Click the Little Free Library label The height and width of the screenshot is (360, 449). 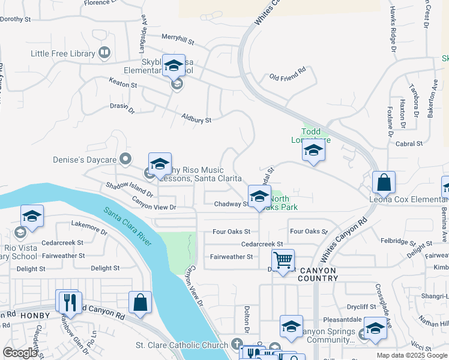pos(63,53)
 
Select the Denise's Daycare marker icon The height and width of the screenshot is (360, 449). pos(125,159)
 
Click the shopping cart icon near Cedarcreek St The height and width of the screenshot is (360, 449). pos(283,260)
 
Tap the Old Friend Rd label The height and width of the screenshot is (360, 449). pos(288,77)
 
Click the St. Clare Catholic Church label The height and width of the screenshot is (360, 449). pos(181,345)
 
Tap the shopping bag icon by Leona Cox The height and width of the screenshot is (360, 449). pos(384,182)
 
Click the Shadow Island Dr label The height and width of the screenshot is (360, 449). pos(130,190)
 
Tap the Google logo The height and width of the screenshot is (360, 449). pos(20,353)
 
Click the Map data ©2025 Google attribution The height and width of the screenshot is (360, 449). pos(411,355)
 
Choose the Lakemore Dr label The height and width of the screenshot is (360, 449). pos(88,226)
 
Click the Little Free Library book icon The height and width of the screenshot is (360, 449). pos(104,53)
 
